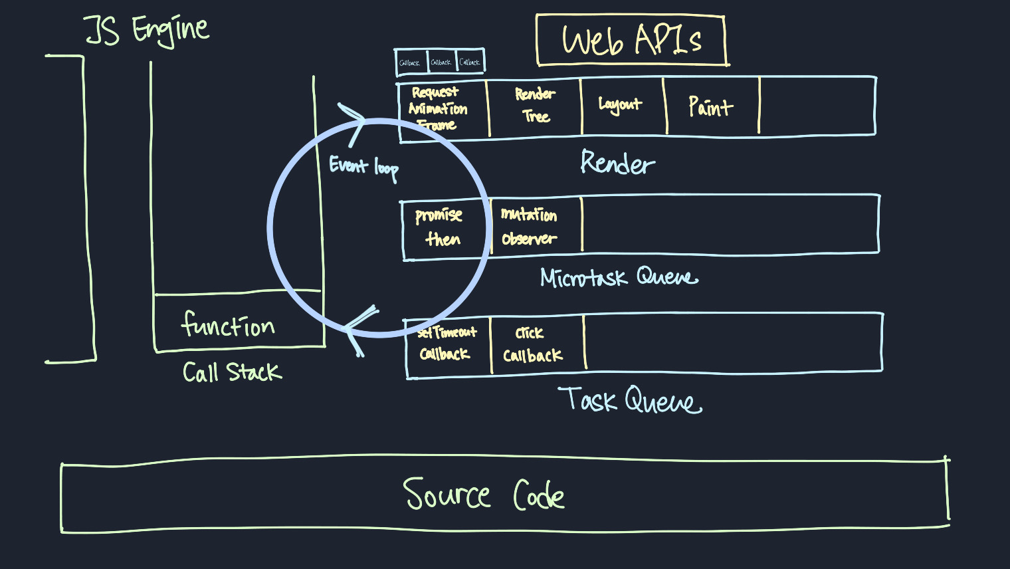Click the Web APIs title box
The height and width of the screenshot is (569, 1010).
(x=631, y=41)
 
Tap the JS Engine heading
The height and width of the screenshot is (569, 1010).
(x=147, y=31)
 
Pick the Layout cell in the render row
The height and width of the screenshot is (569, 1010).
(x=621, y=105)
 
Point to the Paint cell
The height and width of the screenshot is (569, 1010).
(x=711, y=106)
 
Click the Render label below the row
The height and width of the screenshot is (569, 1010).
(x=617, y=163)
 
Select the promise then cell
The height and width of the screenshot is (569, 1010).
(x=440, y=227)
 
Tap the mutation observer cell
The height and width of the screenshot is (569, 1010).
(x=530, y=226)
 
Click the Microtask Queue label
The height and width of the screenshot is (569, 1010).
(x=619, y=277)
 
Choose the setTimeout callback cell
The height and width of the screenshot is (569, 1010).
(x=447, y=343)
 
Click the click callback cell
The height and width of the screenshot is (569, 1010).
(x=533, y=344)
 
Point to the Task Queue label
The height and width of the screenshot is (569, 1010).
(x=630, y=400)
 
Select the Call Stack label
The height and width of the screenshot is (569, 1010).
(x=232, y=372)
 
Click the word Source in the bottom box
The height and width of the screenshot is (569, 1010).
(x=447, y=495)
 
